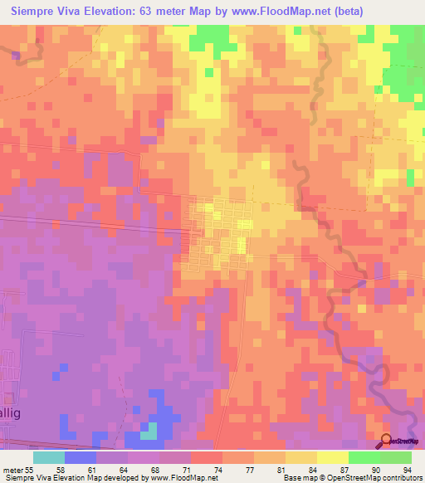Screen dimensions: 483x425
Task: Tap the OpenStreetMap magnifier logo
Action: [x=388, y=442]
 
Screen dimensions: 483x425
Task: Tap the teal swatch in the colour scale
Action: [x=48, y=457]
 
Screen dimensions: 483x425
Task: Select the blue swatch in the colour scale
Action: [x=80, y=457]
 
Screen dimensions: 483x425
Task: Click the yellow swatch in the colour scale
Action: [x=332, y=457]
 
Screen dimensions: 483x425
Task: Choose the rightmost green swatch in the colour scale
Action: [x=395, y=457]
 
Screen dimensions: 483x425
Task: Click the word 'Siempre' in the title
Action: [x=37, y=12]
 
